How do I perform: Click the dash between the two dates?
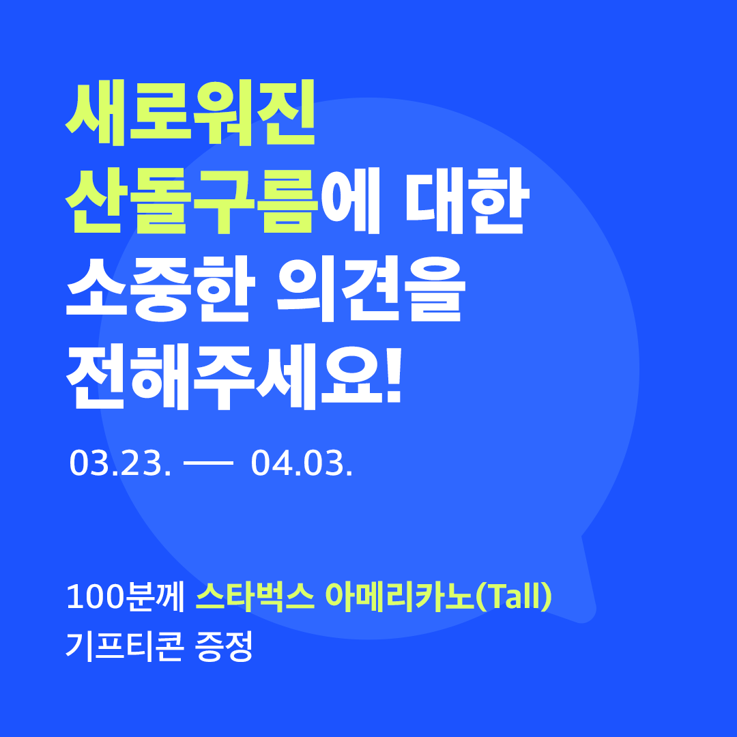coord(209,465)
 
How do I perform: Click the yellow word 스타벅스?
coord(255,598)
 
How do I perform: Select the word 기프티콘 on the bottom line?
coord(124,646)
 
